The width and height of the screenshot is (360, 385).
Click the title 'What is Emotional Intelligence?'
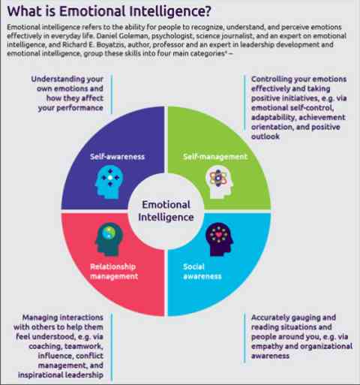(109, 11)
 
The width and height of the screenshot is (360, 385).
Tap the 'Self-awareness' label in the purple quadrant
(117, 157)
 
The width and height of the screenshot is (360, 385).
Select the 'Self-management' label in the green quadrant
(215, 157)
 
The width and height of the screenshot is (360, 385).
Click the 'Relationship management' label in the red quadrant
(114, 272)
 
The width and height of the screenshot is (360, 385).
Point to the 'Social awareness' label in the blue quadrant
(202, 272)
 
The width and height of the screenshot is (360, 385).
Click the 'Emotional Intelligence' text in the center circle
(166, 211)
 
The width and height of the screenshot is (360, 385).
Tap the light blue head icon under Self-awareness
(109, 182)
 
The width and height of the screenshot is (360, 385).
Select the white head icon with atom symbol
(219, 182)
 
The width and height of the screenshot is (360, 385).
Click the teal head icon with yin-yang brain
(109, 239)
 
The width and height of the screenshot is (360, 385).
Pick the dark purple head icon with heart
(219, 239)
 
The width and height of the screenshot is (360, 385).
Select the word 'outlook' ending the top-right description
(265, 137)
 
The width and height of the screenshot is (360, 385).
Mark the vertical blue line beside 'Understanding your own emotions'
(112, 94)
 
